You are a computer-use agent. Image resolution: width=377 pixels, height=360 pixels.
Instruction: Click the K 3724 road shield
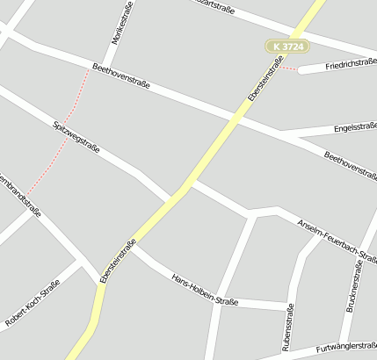point(287,46)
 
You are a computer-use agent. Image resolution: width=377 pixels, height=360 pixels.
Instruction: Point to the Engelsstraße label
point(355,127)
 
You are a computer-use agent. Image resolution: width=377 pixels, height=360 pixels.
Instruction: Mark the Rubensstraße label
point(287,328)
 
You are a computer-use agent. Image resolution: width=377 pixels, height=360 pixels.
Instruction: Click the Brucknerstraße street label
point(358,286)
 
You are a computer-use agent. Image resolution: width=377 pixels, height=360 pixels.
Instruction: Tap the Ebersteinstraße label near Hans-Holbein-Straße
point(118,261)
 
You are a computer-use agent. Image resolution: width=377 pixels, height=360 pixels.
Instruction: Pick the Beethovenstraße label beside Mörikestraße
point(120,76)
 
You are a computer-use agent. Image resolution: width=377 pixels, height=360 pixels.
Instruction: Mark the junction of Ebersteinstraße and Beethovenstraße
point(238,115)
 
